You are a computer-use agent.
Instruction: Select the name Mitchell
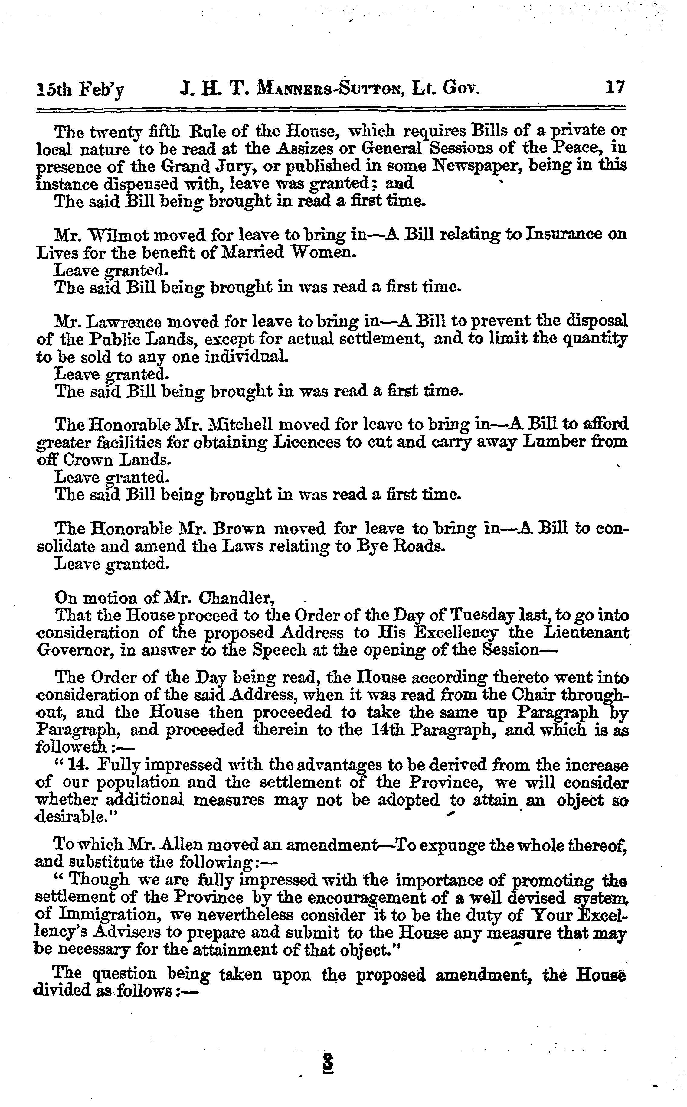pyautogui.click(x=240, y=425)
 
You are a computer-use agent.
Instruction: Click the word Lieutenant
pyautogui.click(x=586, y=633)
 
